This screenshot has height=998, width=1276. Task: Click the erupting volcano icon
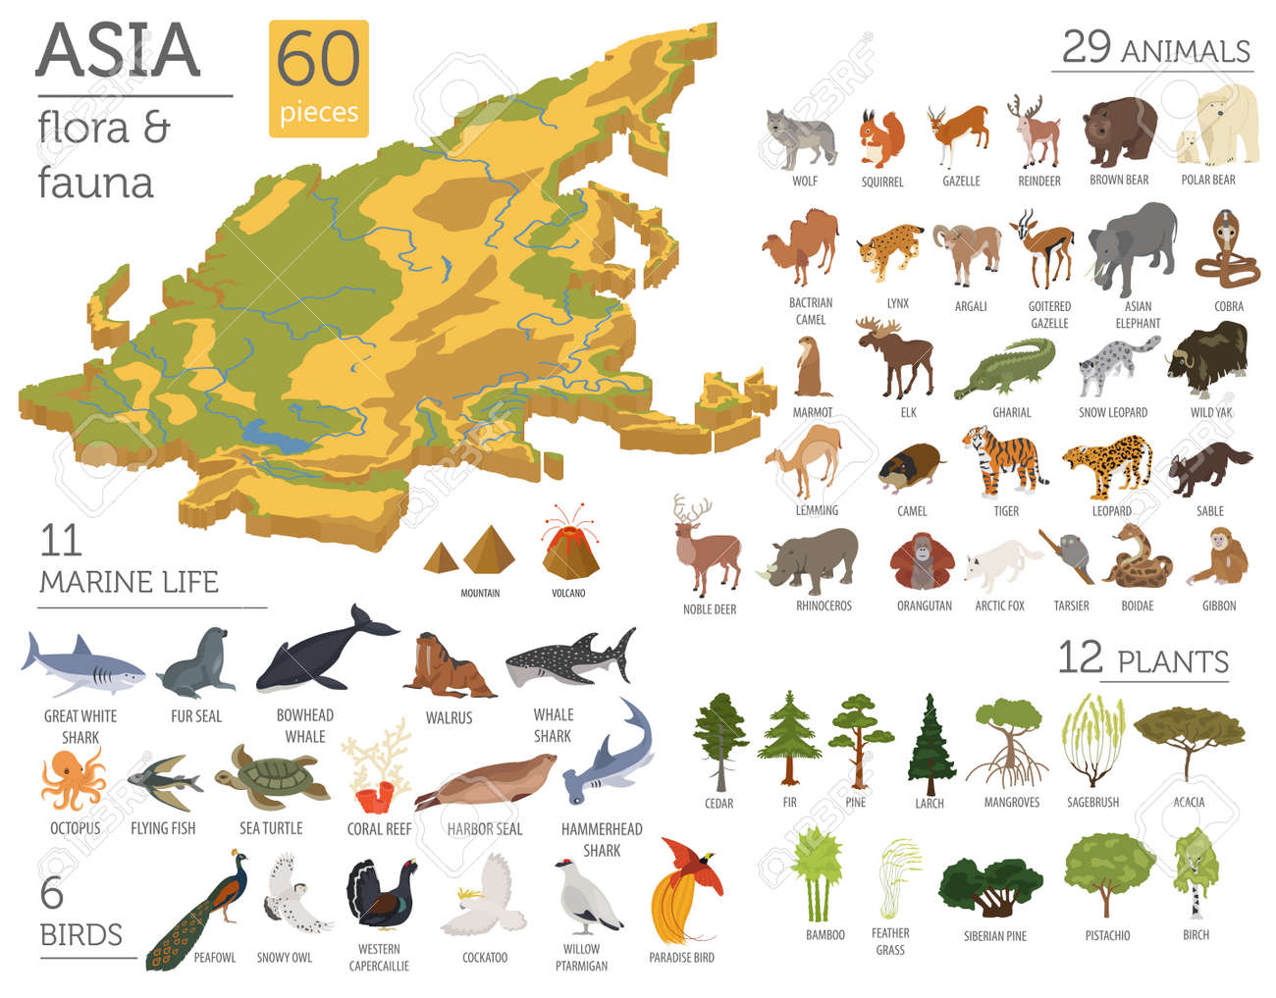click(569, 545)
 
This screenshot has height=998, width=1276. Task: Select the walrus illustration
click(448, 667)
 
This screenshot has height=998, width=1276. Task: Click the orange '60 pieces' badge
click(318, 78)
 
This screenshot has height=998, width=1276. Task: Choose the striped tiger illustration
click(1003, 459)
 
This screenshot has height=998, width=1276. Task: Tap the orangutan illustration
click(921, 562)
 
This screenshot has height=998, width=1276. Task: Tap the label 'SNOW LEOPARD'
click(1112, 413)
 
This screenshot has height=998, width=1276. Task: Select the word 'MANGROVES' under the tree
click(1011, 803)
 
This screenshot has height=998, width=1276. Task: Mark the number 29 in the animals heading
click(1086, 47)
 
